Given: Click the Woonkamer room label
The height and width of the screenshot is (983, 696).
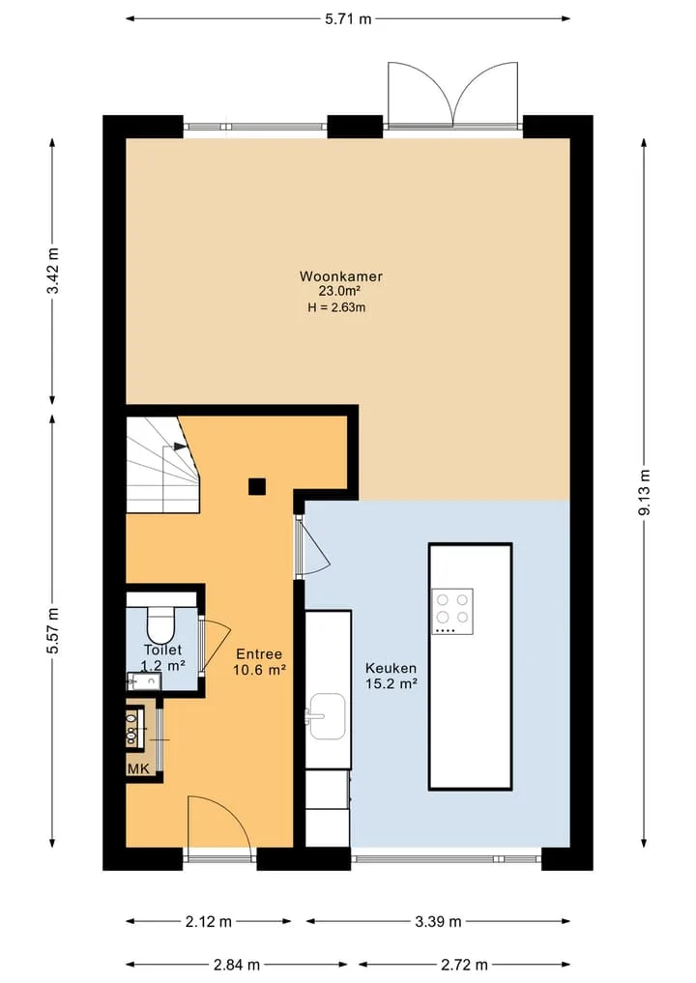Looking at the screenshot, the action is click(x=340, y=275).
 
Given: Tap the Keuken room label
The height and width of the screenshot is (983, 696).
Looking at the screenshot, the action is click(x=391, y=668).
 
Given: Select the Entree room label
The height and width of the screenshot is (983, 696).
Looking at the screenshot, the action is click(x=259, y=654).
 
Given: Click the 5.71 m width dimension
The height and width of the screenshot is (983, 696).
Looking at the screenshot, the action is click(x=348, y=18).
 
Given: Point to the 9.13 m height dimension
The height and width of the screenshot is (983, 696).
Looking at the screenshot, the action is click(x=644, y=492).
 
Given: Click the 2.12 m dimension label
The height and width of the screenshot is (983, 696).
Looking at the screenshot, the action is click(x=208, y=921).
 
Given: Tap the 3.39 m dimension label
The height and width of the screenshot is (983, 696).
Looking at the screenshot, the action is click(x=438, y=921).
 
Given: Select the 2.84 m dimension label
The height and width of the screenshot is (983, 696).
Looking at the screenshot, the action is click(x=237, y=965).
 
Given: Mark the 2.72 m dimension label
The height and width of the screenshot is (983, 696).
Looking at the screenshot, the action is click(x=464, y=965).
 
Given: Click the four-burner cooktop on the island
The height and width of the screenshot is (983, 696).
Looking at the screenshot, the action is click(x=452, y=611).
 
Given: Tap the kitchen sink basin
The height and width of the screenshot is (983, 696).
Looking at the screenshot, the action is click(x=328, y=716).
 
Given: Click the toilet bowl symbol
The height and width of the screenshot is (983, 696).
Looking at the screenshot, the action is click(x=161, y=623).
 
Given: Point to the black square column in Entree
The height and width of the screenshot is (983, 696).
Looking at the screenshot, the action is click(x=256, y=486).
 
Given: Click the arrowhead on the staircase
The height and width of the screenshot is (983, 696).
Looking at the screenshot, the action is click(x=181, y=447).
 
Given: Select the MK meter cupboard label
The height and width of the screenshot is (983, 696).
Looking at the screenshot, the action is click(x=139, y=768).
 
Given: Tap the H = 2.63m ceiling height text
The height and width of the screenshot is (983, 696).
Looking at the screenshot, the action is click(x=336, y=307).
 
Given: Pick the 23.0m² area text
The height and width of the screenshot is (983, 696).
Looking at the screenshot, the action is click(x=340, y=291).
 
